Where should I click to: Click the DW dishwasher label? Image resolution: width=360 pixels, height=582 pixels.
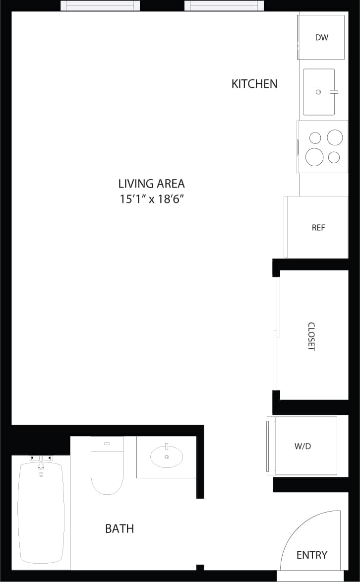tap(322, 37)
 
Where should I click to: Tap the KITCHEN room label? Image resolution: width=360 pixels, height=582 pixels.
tap(254, 84)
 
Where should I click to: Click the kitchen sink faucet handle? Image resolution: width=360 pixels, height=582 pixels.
tap(334, 92)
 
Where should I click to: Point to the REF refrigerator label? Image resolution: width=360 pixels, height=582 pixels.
tap(318, 228)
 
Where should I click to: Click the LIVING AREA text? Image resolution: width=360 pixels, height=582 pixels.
tap(151, 184)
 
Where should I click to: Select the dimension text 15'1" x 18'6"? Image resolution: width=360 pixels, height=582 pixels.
tap(151, 199)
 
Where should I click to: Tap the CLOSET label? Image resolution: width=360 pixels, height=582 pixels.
tap(311, 336)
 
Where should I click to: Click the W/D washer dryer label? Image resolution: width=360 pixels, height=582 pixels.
tap(302, 446)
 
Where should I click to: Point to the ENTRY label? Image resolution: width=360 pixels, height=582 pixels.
tap(311, 555)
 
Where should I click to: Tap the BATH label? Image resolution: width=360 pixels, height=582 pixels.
tap(120, 529)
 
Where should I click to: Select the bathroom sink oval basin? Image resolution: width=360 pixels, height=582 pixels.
tap(167, 457)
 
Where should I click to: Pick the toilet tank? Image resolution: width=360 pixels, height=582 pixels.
tap(107, 444)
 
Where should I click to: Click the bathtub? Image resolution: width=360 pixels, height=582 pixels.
tap(41, 516)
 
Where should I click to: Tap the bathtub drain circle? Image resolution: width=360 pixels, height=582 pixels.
tap(41, 474)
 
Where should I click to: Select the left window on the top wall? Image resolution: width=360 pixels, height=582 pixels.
tap(100, 6)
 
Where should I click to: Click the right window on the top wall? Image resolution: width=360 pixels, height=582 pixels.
tap(224, 6)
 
